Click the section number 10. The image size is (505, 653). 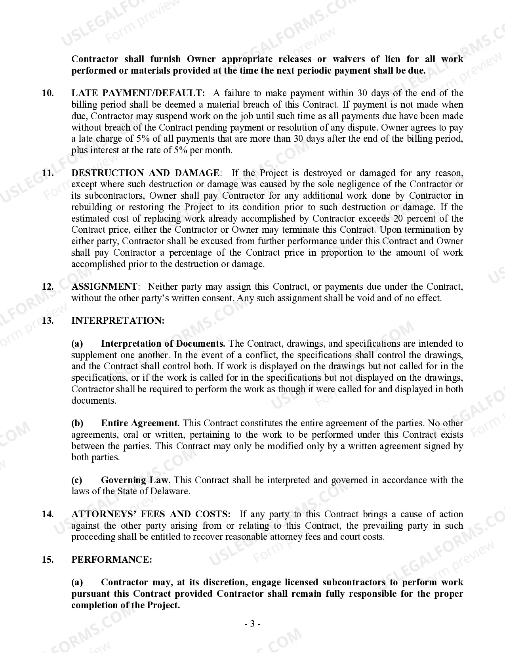[48, 93]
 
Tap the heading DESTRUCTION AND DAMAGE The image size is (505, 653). [145, 173]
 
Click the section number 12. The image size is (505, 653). [48, 287]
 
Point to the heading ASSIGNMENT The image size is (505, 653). [104, 287]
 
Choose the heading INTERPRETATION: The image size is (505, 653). [118, 321]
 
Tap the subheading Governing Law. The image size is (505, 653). [136, 480]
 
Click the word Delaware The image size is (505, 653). [171, 492]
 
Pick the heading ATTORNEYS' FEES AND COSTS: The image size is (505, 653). [151, 514]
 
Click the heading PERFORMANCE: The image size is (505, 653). [112, 560]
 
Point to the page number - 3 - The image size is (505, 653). [252, 624]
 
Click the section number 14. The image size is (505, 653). [48, 514]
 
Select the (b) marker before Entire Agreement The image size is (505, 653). [77, 423]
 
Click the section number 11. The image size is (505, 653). [48, 173]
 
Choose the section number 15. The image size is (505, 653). [48, 560]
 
